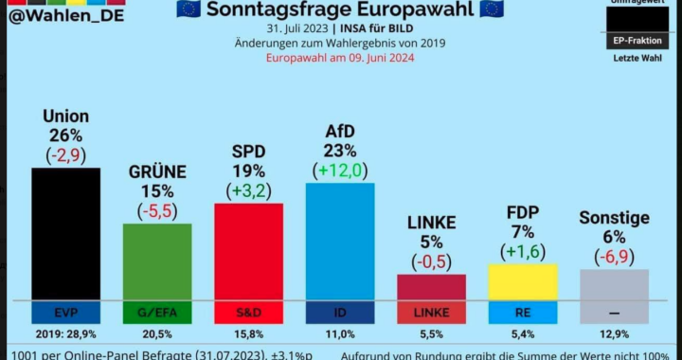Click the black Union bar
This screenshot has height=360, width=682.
65,233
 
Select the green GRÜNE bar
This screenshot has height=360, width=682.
157,261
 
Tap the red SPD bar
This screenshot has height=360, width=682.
248,251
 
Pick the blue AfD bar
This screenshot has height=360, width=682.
339,241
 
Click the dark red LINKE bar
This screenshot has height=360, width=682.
431,287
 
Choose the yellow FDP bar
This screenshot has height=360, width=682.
522,281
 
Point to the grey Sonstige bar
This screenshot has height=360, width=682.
614,284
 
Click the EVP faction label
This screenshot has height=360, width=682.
65,312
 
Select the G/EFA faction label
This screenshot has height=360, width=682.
157,312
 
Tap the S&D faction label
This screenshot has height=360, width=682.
248,312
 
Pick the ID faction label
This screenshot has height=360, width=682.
339,312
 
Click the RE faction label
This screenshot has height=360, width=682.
522,312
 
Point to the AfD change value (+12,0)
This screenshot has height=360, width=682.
339,171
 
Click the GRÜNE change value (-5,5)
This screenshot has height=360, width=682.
157,210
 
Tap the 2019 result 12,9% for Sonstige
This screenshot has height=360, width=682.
614,334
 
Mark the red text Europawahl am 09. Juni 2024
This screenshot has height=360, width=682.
340,58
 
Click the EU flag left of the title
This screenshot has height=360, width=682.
188,9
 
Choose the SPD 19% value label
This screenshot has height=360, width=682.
248,171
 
